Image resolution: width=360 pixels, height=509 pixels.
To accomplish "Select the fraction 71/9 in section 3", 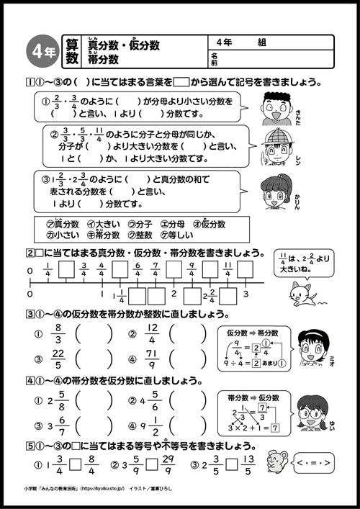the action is click(x=152, y=360).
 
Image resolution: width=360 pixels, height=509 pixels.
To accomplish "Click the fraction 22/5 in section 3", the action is click(x=59, y=360).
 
